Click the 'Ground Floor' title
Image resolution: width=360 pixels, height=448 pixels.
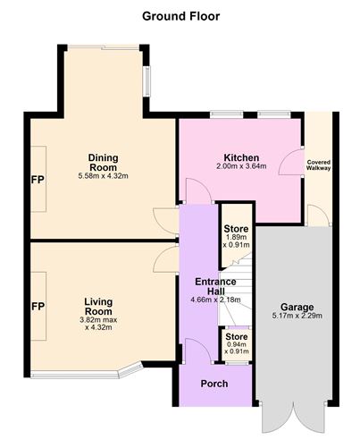pyautogui.click(x=180, y=16)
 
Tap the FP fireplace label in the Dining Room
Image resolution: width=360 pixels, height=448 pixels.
pyautogui.click(x=38, y=180)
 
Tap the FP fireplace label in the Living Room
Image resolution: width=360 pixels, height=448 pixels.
pyautogui.click(x=38, y=307)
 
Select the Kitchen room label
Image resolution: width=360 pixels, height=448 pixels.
pyautogui.click(x=241, y=157)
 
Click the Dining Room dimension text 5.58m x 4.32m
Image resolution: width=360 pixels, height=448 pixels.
pyautogui.click(x=104, y=176)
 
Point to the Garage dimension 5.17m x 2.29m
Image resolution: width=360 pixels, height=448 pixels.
pyautogui.click(x=297, y=316)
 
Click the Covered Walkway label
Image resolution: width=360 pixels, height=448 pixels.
pyautogui.click(x=319, y=165)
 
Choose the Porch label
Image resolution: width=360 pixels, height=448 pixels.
pyautogui.click(x=214, y=384)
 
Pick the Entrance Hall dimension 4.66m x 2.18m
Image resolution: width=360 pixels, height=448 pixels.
pyautogui.click(x=215, y=300)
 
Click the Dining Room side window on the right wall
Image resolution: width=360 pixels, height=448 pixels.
pyautogui.click(x=147, y=81)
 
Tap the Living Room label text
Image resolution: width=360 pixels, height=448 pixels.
pyautogui.click(x=98, y=307)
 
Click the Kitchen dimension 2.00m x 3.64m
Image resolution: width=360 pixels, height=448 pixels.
pyautogui.click(x=241, y=166)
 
